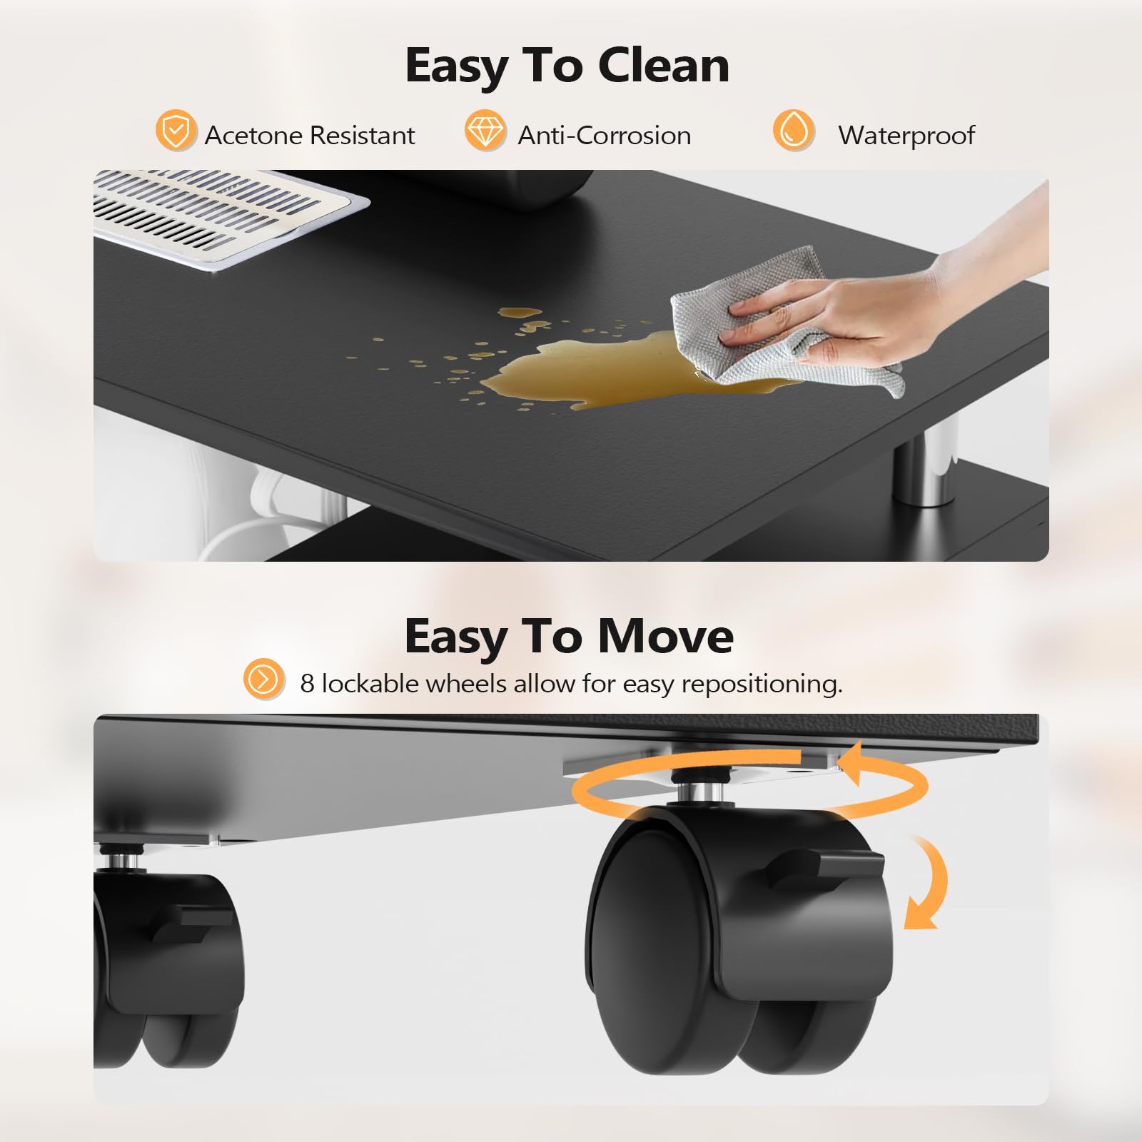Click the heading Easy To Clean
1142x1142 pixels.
[567, 66]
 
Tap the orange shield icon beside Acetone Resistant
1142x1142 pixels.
[176, 131]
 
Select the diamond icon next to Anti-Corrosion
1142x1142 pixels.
[485, 131]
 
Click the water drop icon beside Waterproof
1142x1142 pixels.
[793, 131]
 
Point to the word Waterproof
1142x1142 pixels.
[906, 136]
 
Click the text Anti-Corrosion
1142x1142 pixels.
[604, 136]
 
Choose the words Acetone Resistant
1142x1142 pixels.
[309, 136]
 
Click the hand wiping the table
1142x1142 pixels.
[892, 307]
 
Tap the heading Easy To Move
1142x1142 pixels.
[569, 636]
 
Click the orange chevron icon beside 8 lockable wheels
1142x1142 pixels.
[263, 679]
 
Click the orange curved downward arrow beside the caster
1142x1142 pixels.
[928, 885]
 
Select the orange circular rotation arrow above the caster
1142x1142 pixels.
[749, 785]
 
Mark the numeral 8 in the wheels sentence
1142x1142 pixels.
[307, 684]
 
